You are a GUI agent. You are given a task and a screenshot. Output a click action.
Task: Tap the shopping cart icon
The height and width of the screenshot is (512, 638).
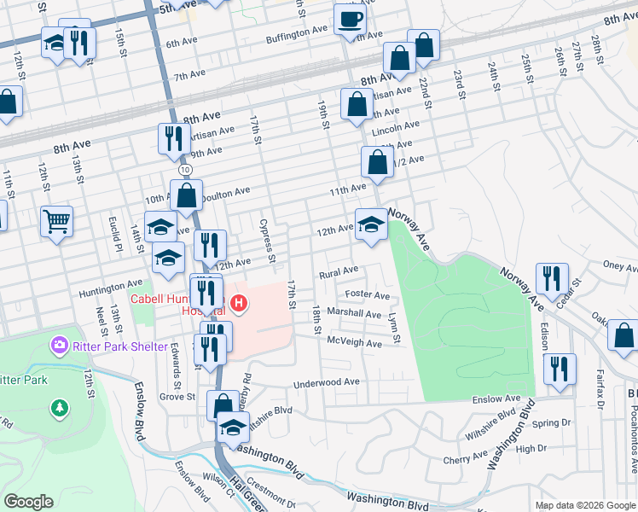56,223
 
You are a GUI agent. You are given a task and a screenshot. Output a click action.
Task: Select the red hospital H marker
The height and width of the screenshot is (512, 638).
239,302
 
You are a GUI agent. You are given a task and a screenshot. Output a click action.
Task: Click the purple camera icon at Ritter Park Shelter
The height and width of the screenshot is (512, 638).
60,346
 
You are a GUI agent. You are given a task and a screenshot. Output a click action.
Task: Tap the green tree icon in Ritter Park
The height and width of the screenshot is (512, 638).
60,407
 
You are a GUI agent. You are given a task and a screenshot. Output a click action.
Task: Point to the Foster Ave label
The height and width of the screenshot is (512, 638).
368,295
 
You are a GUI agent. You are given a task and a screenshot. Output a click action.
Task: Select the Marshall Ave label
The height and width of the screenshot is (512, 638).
359,314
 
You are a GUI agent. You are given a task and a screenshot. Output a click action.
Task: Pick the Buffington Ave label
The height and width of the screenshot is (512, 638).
297,29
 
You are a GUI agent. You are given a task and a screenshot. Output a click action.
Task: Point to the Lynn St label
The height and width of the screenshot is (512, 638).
394,328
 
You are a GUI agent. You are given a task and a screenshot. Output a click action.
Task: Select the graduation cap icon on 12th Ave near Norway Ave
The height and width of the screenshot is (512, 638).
371,224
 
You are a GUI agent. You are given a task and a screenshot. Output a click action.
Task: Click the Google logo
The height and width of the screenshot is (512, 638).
29,502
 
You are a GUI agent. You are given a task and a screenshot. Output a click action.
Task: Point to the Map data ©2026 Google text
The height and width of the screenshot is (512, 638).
585,505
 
